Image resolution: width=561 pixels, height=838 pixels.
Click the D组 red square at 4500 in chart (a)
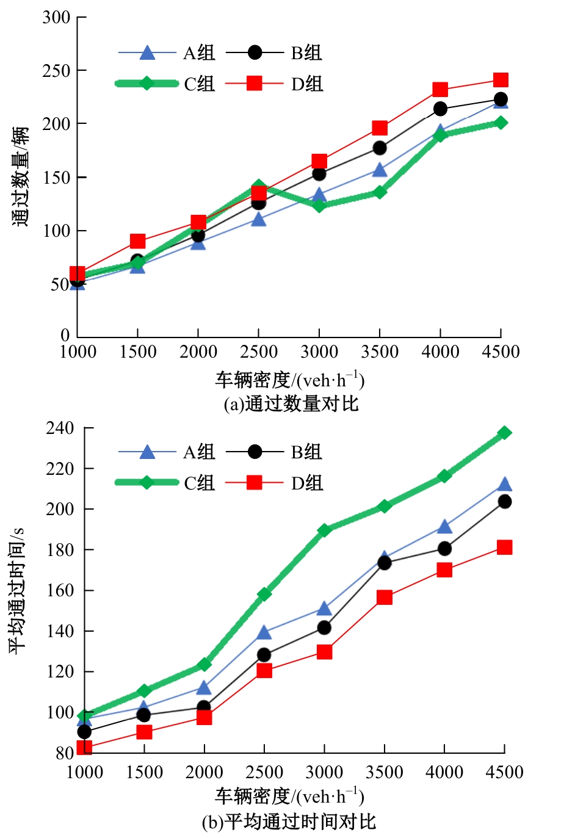(x=501, y=80)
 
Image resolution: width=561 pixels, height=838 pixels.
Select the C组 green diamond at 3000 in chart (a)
(x=319, y=205)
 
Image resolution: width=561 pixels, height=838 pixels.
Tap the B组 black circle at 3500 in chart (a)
(x=380, y=148)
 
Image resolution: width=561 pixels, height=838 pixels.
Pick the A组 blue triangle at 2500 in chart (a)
(x=259, y=219)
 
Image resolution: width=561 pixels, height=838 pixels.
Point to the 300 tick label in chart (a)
(x=56, y=17)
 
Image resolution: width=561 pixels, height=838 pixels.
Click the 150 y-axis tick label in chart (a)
(x=56, y=178)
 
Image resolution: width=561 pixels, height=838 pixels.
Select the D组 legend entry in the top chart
(x=274, y=84)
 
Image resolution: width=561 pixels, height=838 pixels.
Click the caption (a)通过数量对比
(x=291, y=404)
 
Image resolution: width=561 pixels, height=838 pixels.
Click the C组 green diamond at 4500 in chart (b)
(x=504, y=433)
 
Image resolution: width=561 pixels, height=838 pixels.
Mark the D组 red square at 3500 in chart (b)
(x=385, y=598)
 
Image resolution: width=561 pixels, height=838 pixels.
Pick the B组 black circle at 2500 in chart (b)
(x=264, y=655)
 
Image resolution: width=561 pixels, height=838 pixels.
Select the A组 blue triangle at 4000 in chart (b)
(x=444, y=527)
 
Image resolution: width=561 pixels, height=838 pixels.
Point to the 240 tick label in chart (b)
(x=60, y=428)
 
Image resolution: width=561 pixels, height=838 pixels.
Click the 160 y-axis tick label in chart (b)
(x=60, y=591)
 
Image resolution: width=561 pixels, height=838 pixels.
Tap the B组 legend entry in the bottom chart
(x=274, y=452)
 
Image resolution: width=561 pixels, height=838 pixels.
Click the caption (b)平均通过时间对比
(x=289, y=822)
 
